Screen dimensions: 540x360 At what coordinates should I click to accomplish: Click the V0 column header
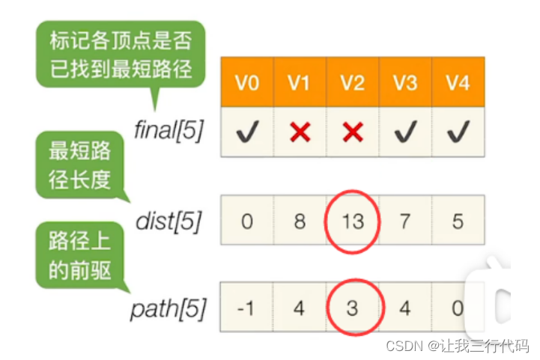pos(246,82)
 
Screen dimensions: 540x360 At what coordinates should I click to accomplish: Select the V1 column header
pos(299,82)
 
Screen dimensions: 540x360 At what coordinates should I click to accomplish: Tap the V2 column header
pos(352,82)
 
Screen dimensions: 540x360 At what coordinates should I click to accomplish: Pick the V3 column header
pos(404,82)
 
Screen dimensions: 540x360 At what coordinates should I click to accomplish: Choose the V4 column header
pos(457,82)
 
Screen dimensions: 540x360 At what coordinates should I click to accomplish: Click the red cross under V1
pos(300,132)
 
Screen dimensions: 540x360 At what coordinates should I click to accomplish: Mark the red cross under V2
pos(352,132)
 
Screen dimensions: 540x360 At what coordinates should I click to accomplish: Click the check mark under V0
pos(246,132)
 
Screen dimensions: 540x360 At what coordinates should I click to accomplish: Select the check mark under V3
pos(404,132)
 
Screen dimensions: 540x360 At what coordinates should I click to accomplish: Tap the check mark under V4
pos(457,132)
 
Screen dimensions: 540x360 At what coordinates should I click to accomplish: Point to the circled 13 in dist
pos(353,222)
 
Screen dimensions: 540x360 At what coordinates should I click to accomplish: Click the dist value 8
pos(300,222)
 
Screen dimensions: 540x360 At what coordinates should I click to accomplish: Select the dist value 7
pos(404,222)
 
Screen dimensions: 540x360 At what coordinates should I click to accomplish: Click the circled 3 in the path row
pos(353,308)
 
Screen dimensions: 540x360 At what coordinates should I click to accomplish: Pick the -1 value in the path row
pos(246,308)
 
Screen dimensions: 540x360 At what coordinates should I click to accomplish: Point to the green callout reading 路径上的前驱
pos(79,256)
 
